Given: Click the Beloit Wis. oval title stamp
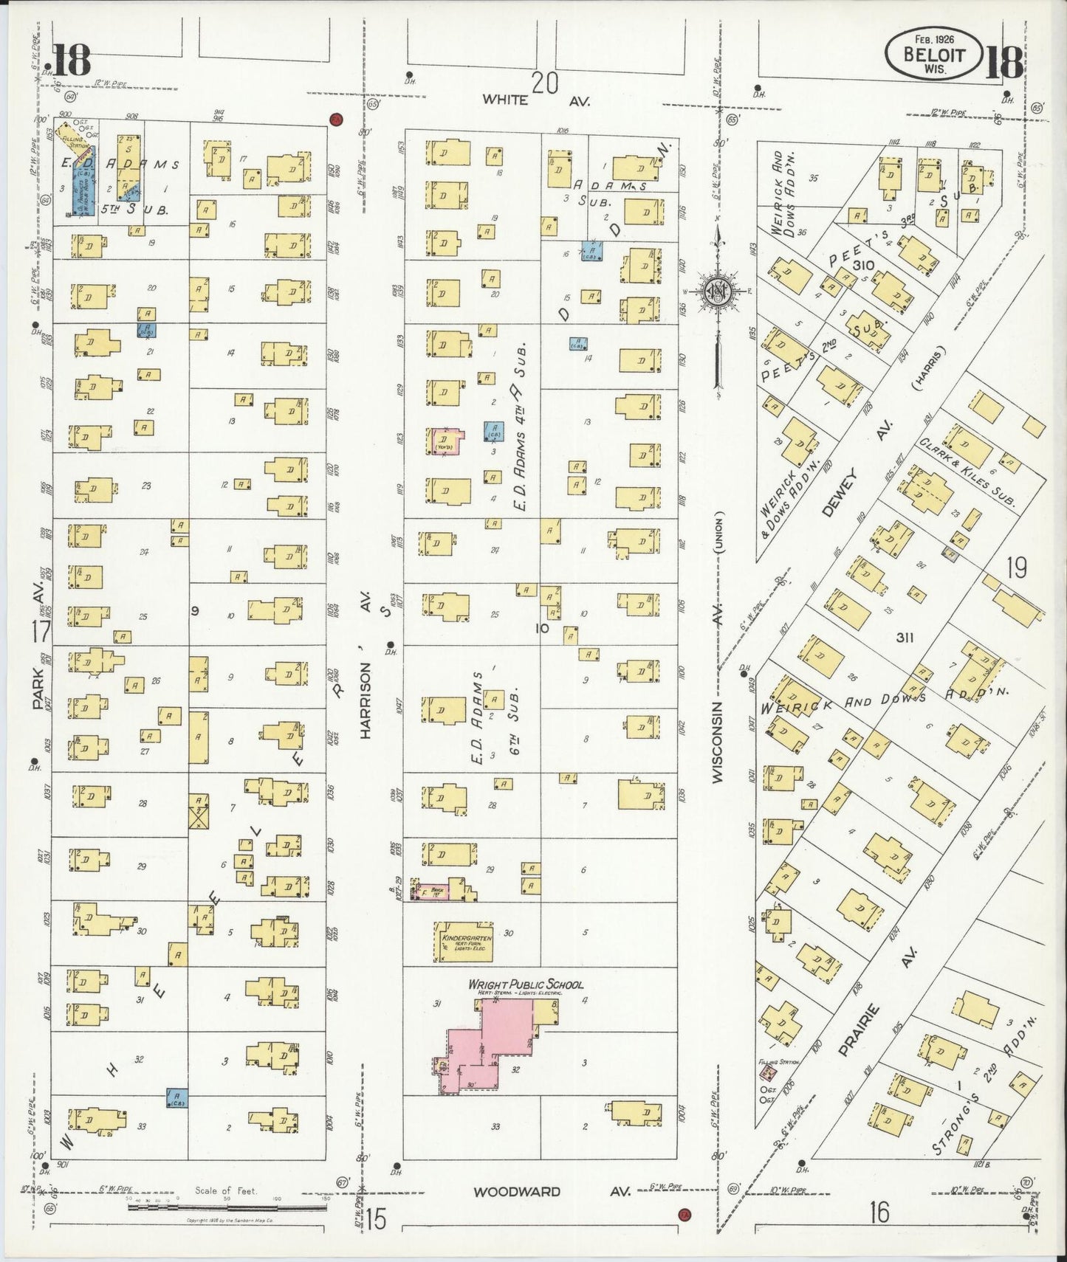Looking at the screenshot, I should point(934,55).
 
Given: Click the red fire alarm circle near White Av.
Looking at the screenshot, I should point(335,119).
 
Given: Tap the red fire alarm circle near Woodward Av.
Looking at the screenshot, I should point(685,1214).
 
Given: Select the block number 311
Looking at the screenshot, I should point(904,638).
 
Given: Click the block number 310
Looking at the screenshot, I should point(862,265).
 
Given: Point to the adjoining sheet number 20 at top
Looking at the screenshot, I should point(544,83).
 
